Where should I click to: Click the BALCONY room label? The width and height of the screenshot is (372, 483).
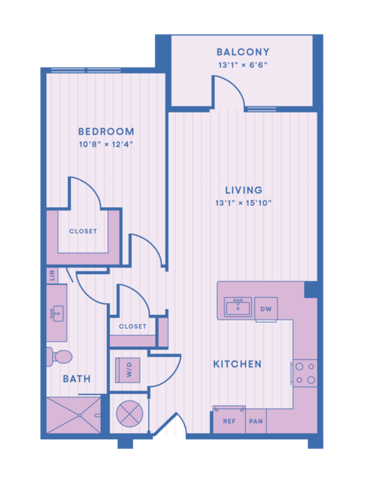(243, 52)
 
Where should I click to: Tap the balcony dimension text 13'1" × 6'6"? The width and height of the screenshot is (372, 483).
(243, 65)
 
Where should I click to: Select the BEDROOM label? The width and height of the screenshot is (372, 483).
(107, 132)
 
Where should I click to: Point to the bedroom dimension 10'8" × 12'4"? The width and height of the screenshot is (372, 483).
(106, 144)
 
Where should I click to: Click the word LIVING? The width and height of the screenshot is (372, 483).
(243, 190)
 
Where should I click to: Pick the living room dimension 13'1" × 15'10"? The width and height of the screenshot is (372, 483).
(243, 203)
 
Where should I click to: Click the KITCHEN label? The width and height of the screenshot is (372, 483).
(237, 364)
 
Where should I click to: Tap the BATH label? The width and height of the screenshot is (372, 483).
(76, 379)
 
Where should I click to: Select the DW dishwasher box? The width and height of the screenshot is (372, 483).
(266, 309)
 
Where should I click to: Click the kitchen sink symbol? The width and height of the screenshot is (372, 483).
(237, 307)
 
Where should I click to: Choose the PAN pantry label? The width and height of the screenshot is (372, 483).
(256, 421)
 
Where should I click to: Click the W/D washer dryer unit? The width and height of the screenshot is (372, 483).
(128, 370)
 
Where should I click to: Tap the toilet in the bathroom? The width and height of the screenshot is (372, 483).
(59, 357)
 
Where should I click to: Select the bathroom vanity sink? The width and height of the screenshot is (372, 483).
(57, 313)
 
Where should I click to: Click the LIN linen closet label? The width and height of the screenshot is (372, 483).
(52, 275)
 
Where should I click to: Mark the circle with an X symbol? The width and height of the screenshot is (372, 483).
(129, 414)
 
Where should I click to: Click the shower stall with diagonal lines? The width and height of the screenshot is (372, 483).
(73, 415)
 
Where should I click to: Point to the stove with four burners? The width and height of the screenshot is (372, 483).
(305, 373)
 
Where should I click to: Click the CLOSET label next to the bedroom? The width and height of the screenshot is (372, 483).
(83, 231)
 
